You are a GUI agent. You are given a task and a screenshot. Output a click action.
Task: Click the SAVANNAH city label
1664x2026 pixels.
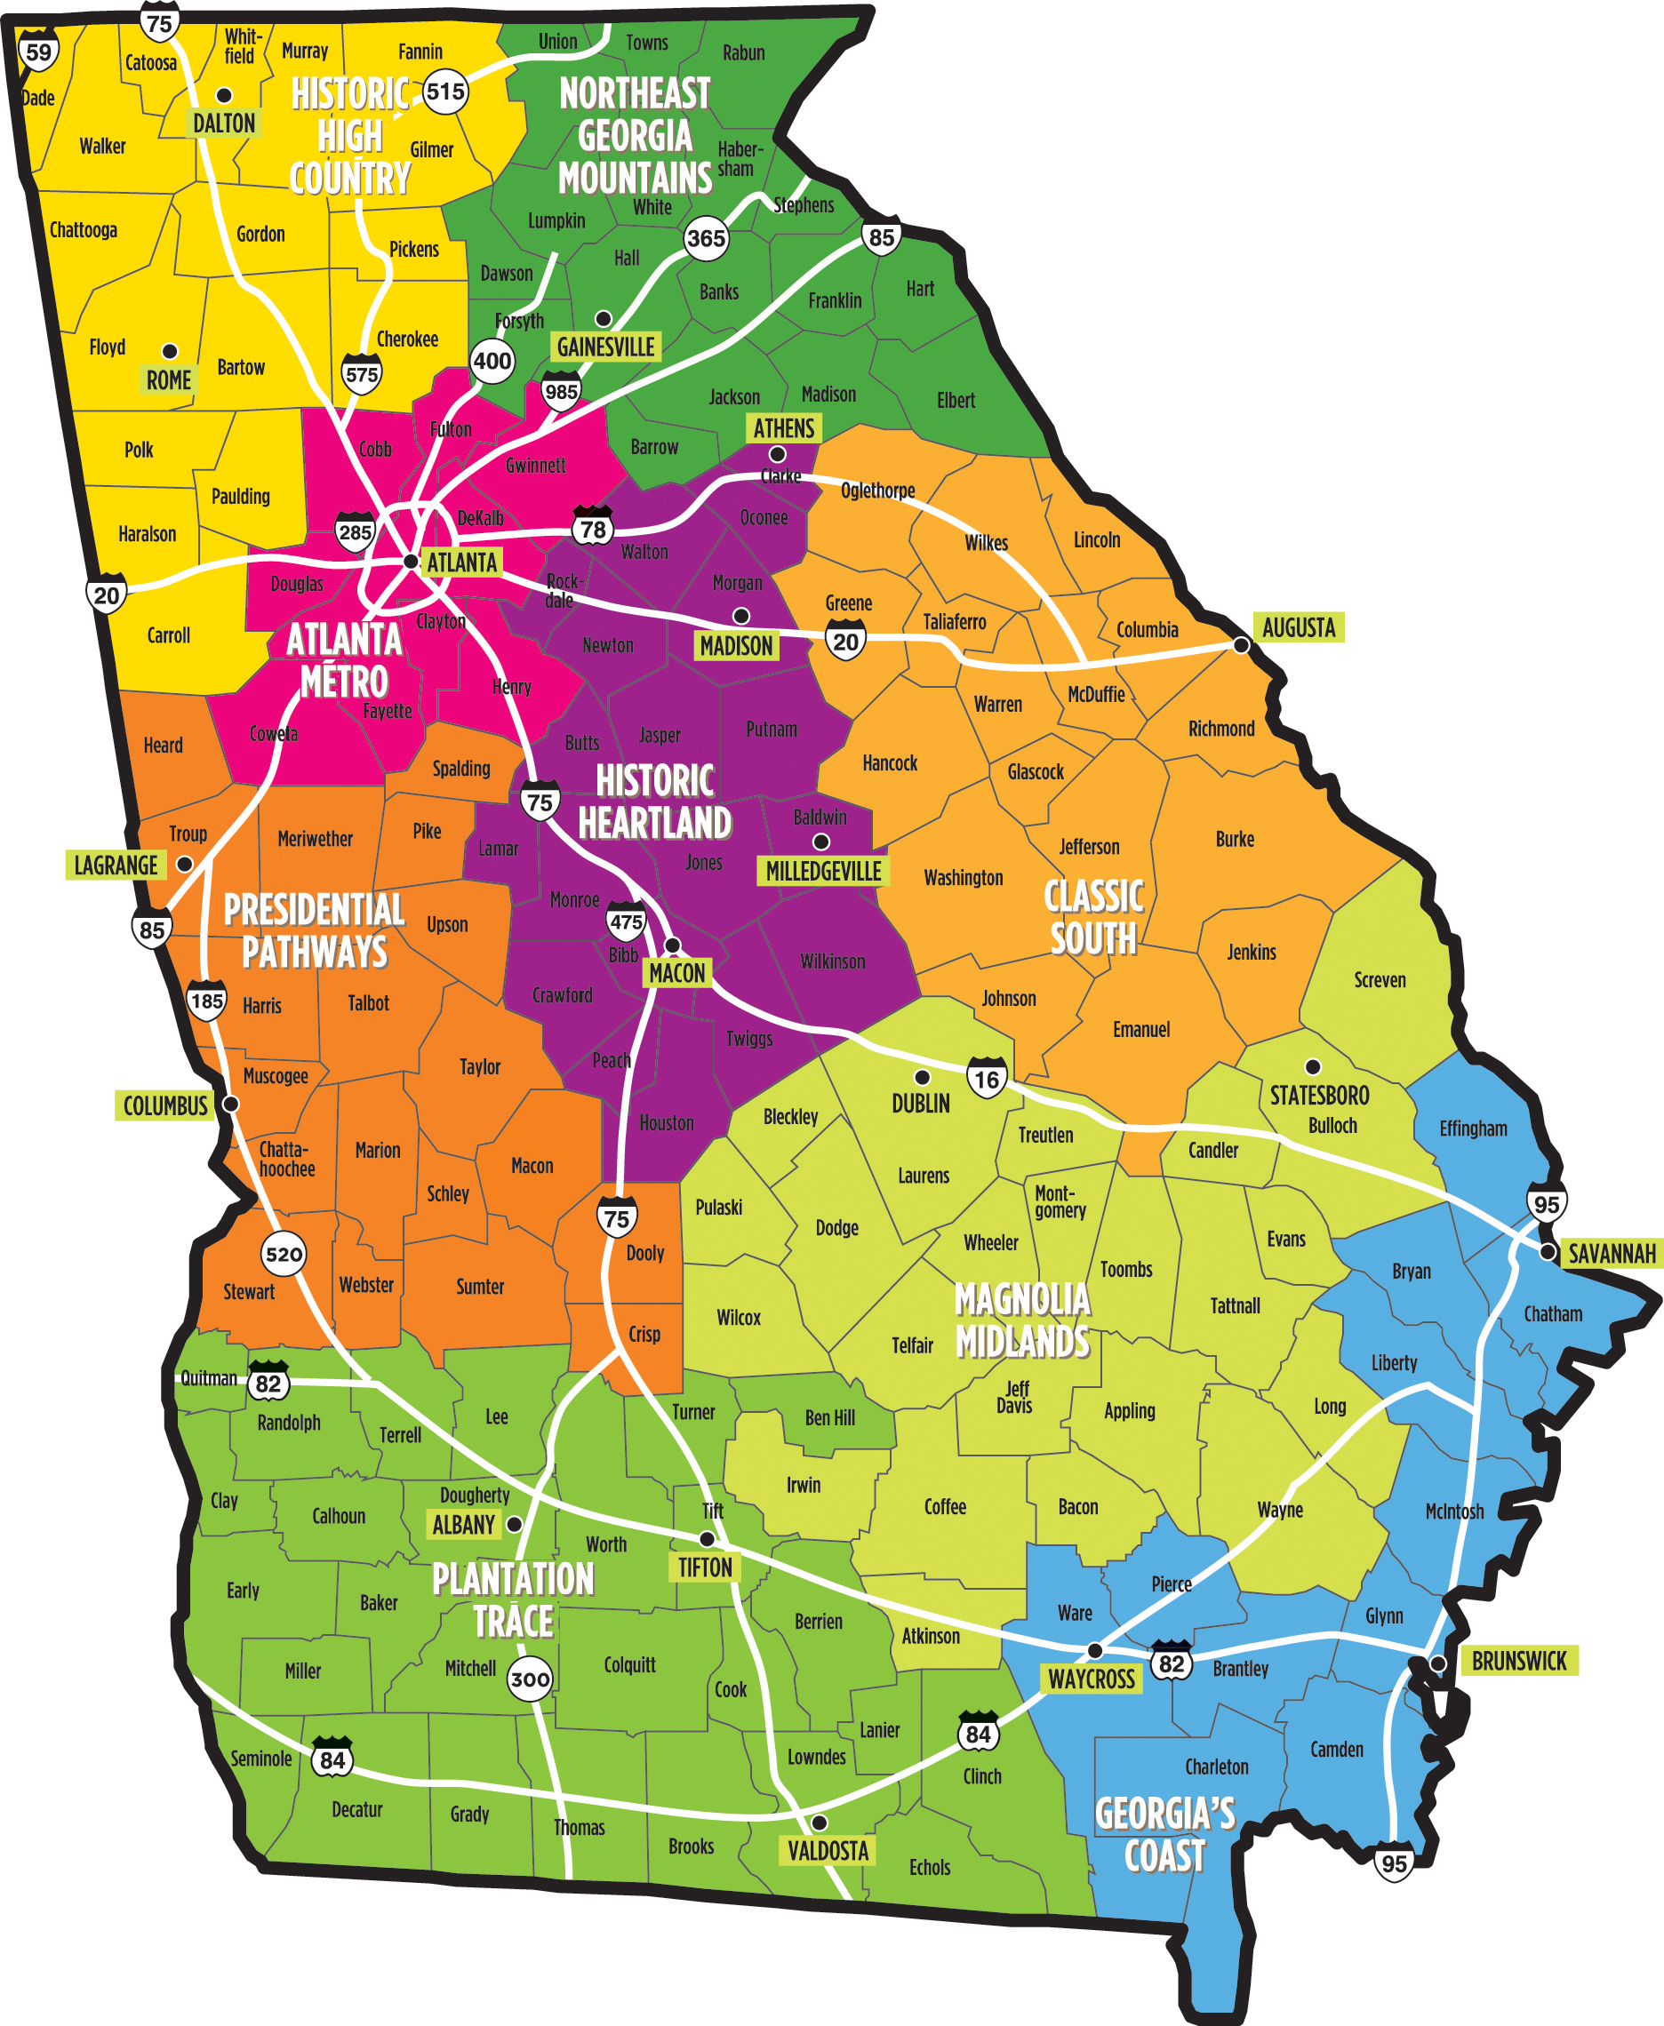click(x=1611, y=1253)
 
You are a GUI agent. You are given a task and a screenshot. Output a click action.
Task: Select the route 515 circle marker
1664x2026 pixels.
click(x=444, y=92)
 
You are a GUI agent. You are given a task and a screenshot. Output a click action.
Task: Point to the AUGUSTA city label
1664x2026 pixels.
click(x=1298, y=627)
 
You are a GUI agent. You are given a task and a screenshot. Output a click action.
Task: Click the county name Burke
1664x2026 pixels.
click(x=1235, y=839)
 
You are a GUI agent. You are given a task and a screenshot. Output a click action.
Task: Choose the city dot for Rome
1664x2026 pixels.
click(x=170, y=351)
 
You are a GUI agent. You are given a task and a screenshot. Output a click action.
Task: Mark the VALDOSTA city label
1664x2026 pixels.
click(x=828, y=1851)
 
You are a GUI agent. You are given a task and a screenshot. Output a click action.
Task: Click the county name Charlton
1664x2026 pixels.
click(x=1216, y=1767)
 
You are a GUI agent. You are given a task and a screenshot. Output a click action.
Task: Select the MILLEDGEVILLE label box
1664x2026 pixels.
click(x=822, y=871)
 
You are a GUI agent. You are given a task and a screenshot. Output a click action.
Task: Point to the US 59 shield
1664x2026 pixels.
click(x=38, y=52)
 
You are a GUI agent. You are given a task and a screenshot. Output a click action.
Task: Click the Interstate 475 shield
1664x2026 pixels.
click(x=626, y=921)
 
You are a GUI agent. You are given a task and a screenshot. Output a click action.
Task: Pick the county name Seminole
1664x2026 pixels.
click(x=260, y=1759)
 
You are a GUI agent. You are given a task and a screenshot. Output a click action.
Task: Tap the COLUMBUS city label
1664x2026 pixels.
click(x=164, y=1105)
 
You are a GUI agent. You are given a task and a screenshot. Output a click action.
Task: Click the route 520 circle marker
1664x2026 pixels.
click(x=284, y=1255)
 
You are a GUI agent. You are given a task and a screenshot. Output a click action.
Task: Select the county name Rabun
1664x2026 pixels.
click(x=744, y=52)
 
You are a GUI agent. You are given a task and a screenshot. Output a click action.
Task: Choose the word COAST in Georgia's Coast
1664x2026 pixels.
click(x=1164, y=1856)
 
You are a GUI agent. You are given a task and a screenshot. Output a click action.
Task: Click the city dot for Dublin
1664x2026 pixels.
click(x=922, y=1077)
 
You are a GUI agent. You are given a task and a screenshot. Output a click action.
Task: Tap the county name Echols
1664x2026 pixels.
click(x=930, y=1867)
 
